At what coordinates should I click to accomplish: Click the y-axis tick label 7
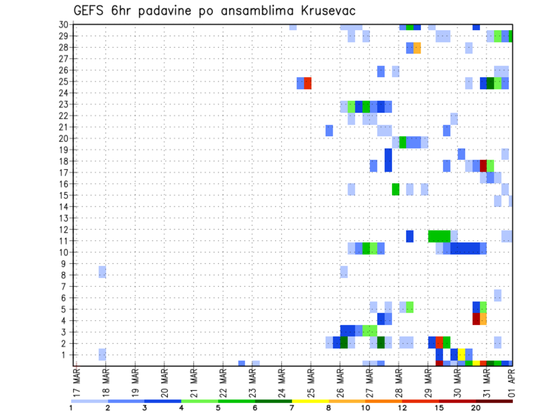(x=65, y=286)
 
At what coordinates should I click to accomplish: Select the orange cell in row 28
(x=417, y=48)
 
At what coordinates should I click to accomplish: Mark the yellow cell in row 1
(x=461, y=354)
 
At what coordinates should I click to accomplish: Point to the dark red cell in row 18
(x=483, y=166)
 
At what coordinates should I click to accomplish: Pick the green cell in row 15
(x=395, y=188)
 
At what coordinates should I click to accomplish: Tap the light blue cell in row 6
(x=497, y=295)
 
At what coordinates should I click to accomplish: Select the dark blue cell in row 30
(x=476, y=27)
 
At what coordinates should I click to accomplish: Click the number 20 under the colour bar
(x=476, y=408)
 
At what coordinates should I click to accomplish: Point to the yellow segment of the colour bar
(x=310, y=400)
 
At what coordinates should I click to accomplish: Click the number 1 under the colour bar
(x=71, y=408)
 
